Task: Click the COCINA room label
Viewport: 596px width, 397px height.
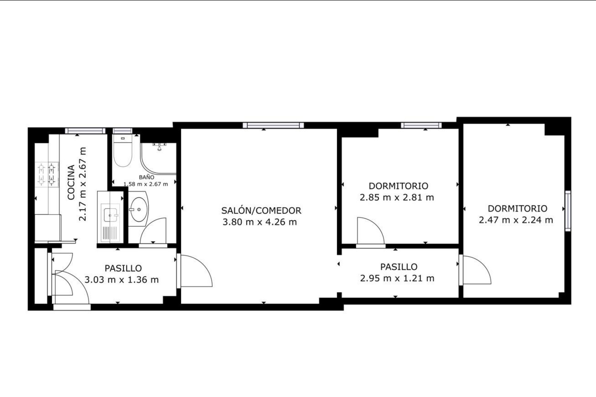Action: point(71,182)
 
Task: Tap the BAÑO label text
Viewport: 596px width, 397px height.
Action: point(146,177)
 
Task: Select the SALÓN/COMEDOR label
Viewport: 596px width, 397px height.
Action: point(261,210)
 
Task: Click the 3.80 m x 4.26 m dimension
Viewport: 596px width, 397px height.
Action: point(259,222)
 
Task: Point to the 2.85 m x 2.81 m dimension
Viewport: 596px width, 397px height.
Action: point(397,197)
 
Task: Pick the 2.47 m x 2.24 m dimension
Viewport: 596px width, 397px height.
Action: point(516,220)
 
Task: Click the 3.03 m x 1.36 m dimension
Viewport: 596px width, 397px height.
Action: point(122,280)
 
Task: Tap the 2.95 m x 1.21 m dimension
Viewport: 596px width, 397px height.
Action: point(397,278)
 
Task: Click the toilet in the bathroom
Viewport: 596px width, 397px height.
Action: point(123,151)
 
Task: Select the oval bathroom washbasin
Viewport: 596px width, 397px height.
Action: point(139,209)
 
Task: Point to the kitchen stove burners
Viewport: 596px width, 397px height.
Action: point(46,175)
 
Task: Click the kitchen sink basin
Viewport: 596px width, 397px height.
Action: point(111,215)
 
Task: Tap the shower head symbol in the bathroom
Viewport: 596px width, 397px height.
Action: point(159,147)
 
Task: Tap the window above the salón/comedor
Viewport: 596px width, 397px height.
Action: point(273,125)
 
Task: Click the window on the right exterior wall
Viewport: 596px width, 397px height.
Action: point(568,211)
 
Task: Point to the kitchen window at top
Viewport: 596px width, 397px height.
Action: point(85,131)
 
